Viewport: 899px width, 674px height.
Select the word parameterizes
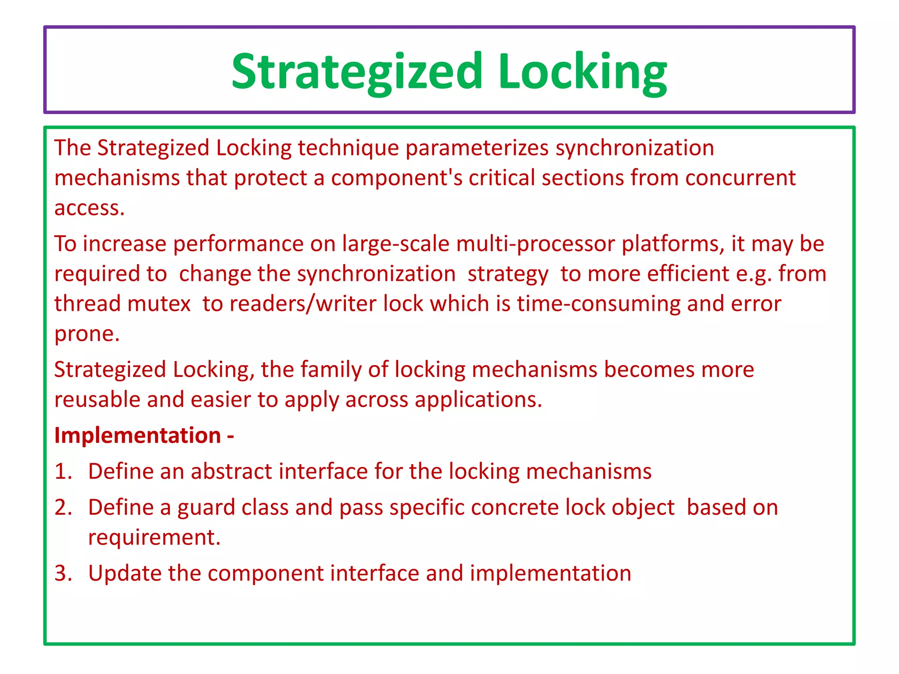point(477,148)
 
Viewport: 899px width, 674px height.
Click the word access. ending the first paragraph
point(90,208)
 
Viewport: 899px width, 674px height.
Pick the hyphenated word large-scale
point(396,244)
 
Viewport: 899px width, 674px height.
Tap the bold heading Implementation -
point(144,436)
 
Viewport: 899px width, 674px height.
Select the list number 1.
point(63,472)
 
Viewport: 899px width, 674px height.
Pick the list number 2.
point(63,508)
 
